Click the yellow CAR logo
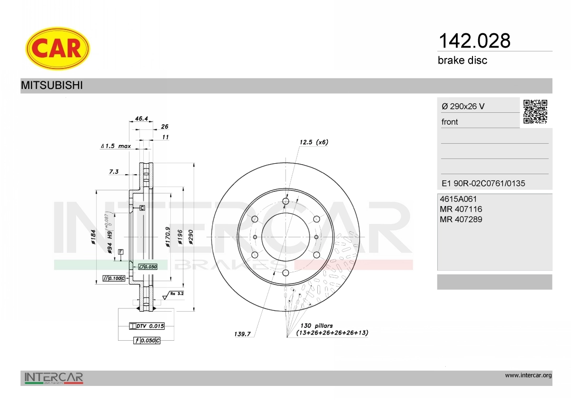(58, 49)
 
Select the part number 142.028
(474, 41)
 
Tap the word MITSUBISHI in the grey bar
(52, 85)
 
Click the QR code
(535, 112)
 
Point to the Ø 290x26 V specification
(463, 106)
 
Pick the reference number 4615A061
(458, 199)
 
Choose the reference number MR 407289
(461, 219)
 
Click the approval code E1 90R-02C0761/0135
(483, 183)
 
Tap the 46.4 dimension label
(141, 118)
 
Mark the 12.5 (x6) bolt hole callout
(314, 142)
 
